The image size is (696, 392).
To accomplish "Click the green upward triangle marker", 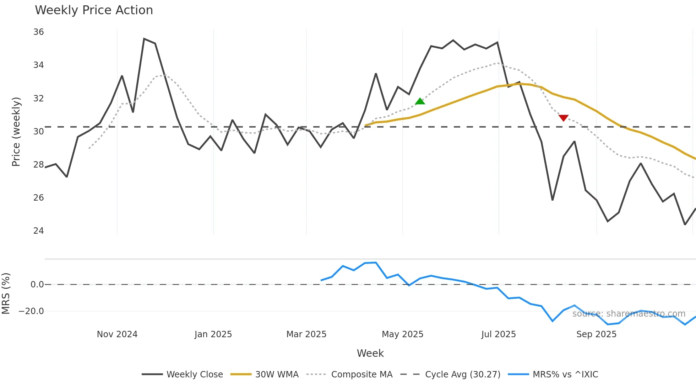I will pyautogui.click(x=420, y=101).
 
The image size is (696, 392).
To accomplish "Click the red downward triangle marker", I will pyautogui.click(x=564, y=118).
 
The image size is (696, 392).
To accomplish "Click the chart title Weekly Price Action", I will pyautogui.click(x=94, y=10).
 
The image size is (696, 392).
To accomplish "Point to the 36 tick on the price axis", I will pyautogui.click(x=38, y=32).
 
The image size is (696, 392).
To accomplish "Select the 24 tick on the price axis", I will pyautogui.click(x=38, y=231).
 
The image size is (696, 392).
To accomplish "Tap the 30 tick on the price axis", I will pyautogui.click(x=38, y=132).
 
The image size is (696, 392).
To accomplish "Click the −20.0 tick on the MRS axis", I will pyautogui.click(x=31, y=311).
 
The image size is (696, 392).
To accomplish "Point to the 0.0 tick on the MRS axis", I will pyautogui.click(x=37, y=285).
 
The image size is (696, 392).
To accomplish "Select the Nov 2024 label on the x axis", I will pyautogui.click(x=117, y=334).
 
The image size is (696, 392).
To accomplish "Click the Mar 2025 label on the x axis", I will pyautogui.click(x=306, y=334).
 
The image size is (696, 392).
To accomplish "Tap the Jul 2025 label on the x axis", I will pyautogui.click(x=498, y=334).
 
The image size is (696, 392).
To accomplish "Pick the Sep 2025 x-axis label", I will pyautogui.click(x=596, y=334).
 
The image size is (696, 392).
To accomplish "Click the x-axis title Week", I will pyautogui.click(x=370, y=353).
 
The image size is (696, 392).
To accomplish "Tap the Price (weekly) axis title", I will pyautogui.click(x=16, y=132).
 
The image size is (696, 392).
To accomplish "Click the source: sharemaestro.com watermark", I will pyautogui.click(x=629, y=314).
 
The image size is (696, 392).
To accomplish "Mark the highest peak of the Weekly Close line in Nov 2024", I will pyautogui.click(x=144, y=39).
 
